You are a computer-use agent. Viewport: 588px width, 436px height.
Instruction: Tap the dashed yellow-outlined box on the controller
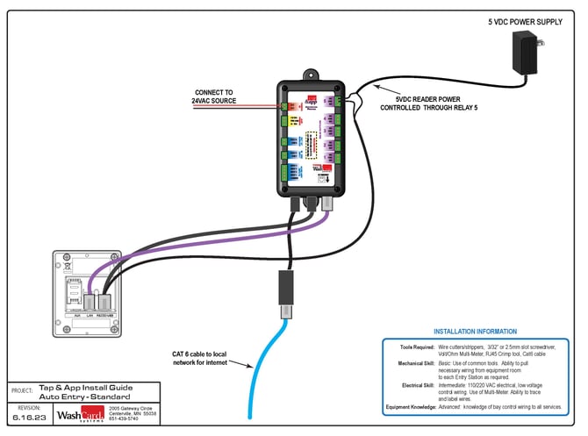pyautogui.click(x=312, y=144)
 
